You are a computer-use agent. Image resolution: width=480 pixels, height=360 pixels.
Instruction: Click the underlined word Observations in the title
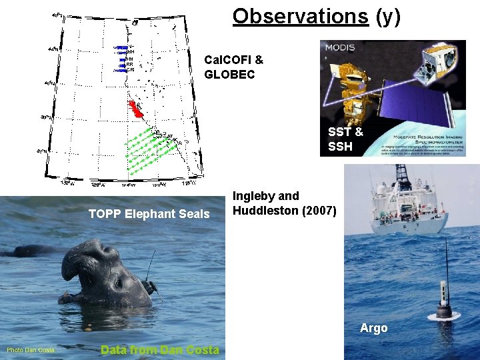[x=300, y=16]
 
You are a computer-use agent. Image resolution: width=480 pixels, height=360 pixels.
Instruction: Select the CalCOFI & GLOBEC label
[x=233, y=67]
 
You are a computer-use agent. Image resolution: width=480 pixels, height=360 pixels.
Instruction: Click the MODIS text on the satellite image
[x=340, y=48]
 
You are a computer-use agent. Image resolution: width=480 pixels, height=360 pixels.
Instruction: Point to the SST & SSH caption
[x=345, y=139]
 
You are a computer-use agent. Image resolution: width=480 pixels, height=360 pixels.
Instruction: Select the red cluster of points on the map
[x=136, y=108]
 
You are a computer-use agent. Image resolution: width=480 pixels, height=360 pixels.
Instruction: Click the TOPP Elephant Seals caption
[x=149, y=214]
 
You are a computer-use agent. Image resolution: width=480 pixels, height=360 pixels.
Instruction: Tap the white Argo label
[x=373, y=327]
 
